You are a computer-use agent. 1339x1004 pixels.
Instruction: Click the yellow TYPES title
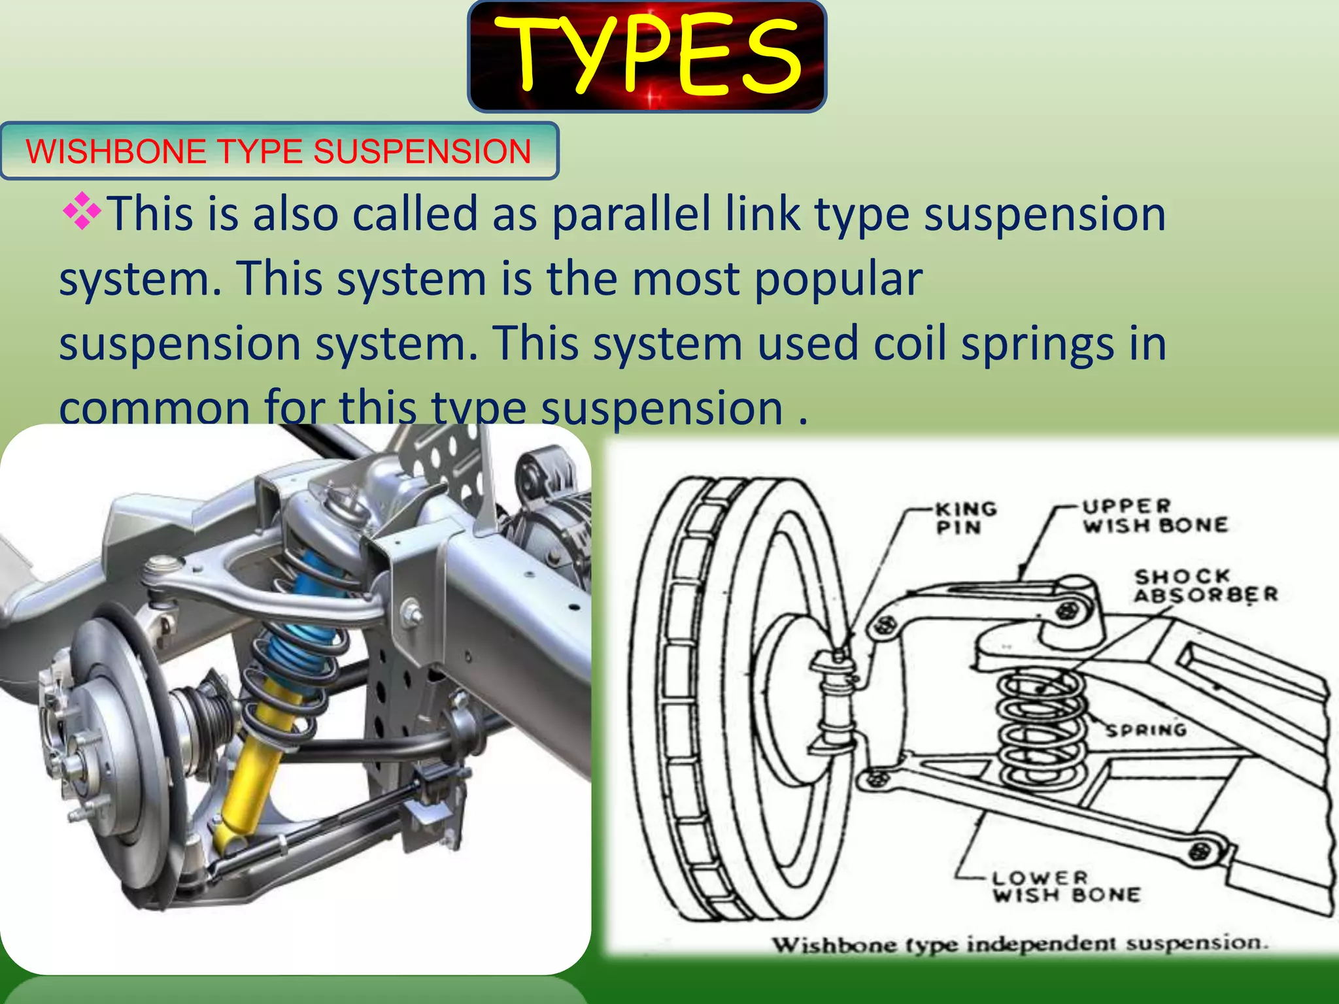tap(647, 56)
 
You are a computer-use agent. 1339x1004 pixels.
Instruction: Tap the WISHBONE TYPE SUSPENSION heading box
tap(279, 151)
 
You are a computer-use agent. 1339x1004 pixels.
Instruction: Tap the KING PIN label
tap(965, 518)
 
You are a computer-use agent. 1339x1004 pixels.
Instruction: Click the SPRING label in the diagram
tap(1145, 729)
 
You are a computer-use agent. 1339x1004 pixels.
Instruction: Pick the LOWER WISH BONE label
tap(1066, 886)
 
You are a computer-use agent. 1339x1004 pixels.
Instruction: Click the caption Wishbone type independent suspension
tap(1020, 944)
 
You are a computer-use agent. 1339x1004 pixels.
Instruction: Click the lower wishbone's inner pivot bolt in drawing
tap(1200, 851)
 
